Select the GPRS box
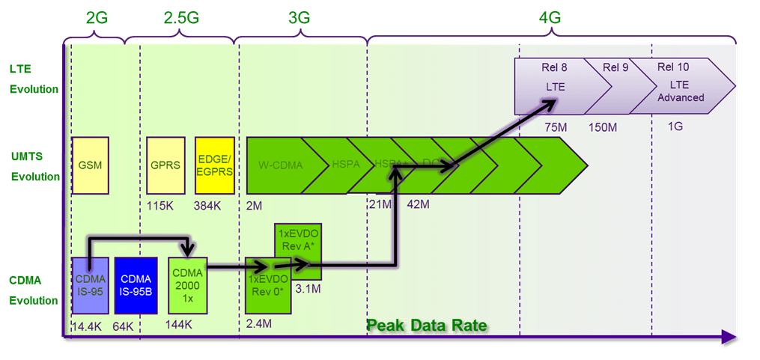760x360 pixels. [x=165, y=165]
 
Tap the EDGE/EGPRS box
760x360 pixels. [x=215, y=165]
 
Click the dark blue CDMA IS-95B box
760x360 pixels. [x=136, y=285]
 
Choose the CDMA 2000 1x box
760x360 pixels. [x=186, y=284]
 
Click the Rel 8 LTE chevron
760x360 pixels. [x=554, y=87]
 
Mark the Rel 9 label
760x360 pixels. [x=615, y=67]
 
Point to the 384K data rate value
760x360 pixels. [x=207, y=204]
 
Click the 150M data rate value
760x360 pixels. [x=603, y=127]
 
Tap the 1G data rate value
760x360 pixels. [x=675, y=127]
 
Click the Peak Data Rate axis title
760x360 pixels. [x=427, y=325]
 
